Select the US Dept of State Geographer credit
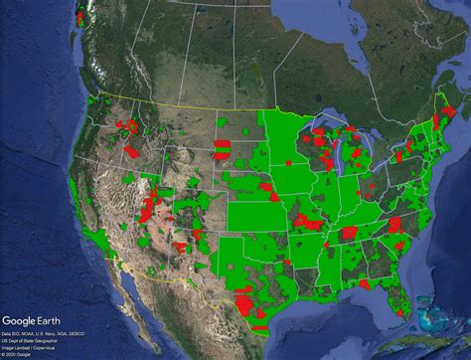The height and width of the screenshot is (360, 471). [x=29, y=340]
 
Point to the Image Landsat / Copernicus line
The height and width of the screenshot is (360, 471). [x=28, y=346]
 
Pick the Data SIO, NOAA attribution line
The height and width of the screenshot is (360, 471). [x=36, y=334]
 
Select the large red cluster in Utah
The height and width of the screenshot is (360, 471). [x=150, y=208]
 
